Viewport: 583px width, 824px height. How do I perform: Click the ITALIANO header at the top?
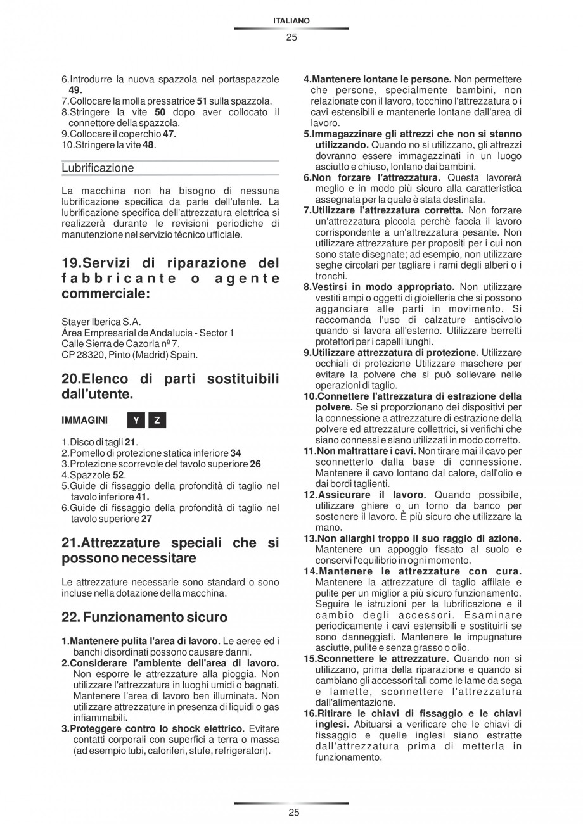[291, 21]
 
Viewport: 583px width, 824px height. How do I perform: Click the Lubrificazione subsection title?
[98, 168]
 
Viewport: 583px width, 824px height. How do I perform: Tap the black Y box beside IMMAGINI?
[136, 421]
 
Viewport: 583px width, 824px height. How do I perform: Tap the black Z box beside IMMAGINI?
[157, 421]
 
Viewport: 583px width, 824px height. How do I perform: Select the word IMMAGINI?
[85, 421]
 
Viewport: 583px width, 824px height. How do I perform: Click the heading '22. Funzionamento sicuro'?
[144, 616]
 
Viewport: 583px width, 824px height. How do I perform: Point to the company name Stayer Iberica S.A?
[101, 321]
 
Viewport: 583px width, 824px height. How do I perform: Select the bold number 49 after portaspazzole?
[75, 90]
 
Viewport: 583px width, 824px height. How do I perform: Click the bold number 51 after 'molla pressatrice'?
[202, 101]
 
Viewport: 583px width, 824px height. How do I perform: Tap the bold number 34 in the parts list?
[235, 453]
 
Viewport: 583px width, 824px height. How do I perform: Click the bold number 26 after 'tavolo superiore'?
[255, 464]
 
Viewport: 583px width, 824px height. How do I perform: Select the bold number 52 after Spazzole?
[119, 475]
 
